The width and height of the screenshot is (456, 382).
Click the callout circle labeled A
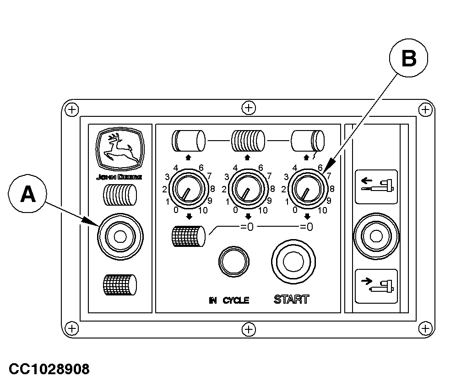tap(27, 194)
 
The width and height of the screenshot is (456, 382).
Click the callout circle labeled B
tap(408, 58)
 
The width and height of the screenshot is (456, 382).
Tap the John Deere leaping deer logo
tap(120, 149)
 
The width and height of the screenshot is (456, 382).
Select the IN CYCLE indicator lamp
tap(234, 262)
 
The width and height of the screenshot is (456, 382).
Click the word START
tap(291, 300)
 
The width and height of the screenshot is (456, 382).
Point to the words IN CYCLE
tap(229, 300)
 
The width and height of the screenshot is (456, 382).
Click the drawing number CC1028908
tap(49, 369)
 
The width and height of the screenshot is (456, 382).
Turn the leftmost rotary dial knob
tap(189, 189)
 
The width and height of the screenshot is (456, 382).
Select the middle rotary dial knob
tap(248, 189)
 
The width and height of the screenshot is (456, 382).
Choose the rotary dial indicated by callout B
tap(308, 189)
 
